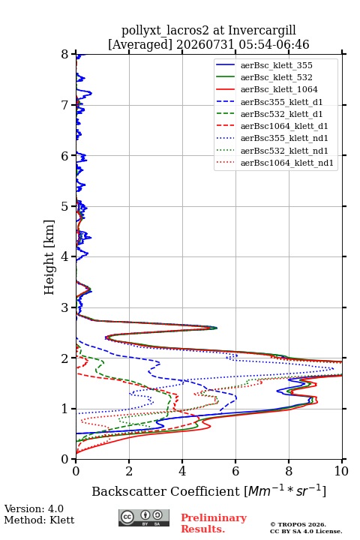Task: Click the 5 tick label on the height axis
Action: pyautogui.click(x=65, y=206)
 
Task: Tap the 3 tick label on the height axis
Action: pyautogui.click(x=65, y=307)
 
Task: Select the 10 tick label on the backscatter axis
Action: pyautogui.click(x=341, y=471)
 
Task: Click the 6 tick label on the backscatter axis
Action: pyautogui.click(x=235, y=471)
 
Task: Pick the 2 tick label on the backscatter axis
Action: pyautogui.click(x=129, y=471)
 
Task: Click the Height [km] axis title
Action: pyautogui.click(x=49, y=257)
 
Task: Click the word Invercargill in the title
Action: pyautogui.click(x=262, y=31)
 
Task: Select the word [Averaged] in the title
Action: pyautogui.click(x=139, y=45)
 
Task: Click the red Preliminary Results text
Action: pyautogui.click(x=214, y=523)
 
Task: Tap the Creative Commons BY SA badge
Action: pyautogui.click(x=144, y=517)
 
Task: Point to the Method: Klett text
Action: pyautogui.click(x=39, y=520)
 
